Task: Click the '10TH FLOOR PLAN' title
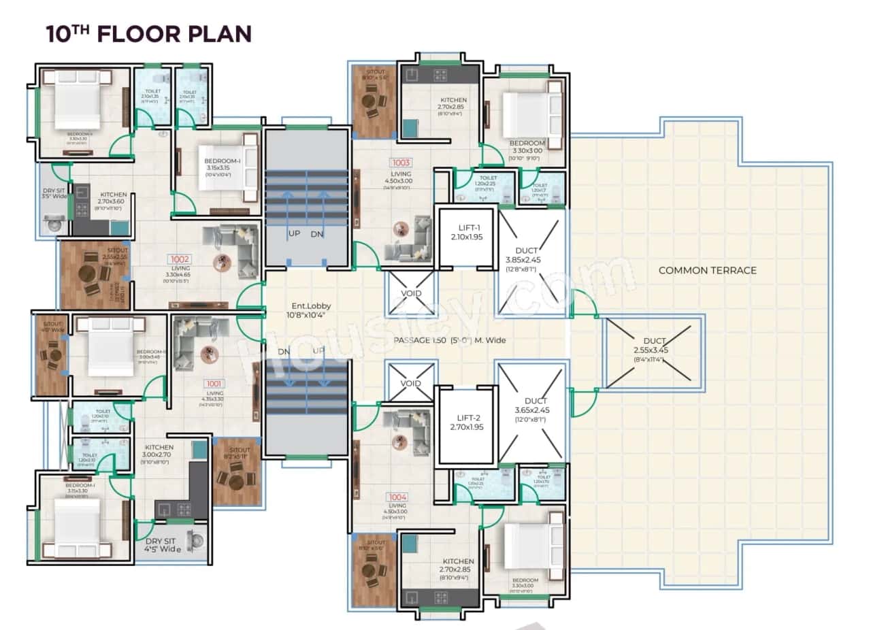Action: [148, 33]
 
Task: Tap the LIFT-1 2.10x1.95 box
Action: [465, 237]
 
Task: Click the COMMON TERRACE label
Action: [707, 270]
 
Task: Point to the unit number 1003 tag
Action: [399, 163]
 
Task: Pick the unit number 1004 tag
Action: [398, 497]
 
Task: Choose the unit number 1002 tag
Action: [180, 259]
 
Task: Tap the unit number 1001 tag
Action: [215, 383]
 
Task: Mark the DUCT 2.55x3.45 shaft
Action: [654, 351]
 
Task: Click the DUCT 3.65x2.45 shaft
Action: [531, 414]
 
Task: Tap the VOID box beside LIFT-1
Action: [410, 294]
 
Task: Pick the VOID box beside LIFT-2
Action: [410, 383]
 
